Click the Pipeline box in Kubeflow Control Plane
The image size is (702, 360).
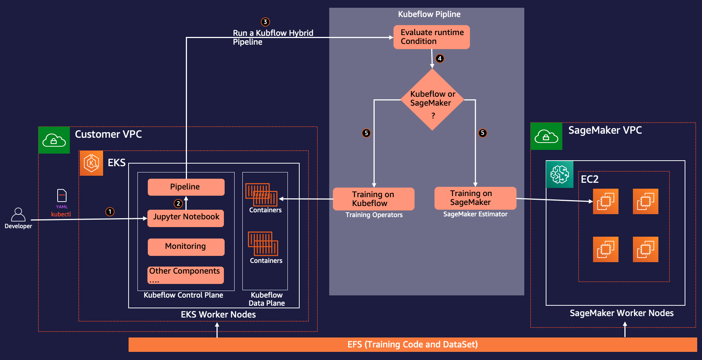click(186, 187)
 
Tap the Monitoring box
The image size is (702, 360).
click(186, 247)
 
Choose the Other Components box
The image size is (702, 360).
click(185, 275)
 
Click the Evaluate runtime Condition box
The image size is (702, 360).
click(431, 37)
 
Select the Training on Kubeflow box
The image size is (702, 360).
click(373, 199)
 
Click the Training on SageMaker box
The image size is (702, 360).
click(475, 198)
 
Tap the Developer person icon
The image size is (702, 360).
click(18, 215)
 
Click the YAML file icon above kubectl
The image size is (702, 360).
click(62, 195)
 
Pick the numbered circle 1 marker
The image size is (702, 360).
click(110, 212)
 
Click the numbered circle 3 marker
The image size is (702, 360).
click(265, 22)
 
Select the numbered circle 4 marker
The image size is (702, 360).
click(440, 58)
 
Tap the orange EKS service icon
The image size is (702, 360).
click(91, 163)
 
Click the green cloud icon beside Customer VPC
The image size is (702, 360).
click(54, 140)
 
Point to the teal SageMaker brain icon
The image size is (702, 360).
click(559, 174)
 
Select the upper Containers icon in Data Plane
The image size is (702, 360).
click(261, 195)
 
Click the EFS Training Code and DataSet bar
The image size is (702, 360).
click(412, 344)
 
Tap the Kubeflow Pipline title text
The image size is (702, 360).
click(429, 14)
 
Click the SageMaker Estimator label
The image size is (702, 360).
click(475, 214)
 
